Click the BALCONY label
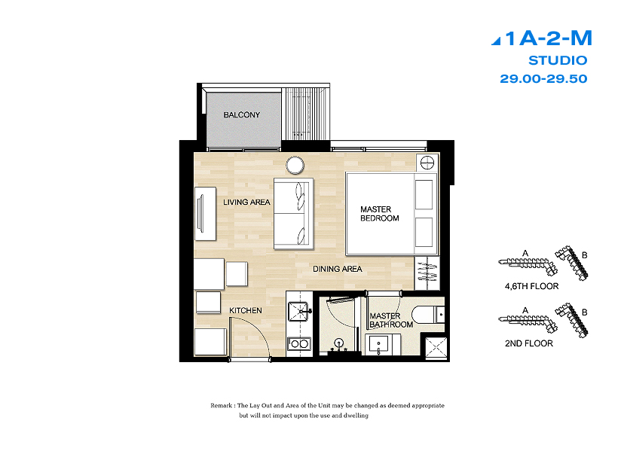242,115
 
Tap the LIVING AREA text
246,202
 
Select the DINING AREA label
338,269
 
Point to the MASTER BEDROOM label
380,214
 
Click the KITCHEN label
246,310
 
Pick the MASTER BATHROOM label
391,320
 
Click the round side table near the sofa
295,165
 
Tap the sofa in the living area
293,214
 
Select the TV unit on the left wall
205,214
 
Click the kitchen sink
299,311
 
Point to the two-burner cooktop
299,343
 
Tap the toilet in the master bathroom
428,314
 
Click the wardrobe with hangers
427,273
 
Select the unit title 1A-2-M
542,38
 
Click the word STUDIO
558,60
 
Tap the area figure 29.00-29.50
543,79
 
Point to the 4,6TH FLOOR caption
531,286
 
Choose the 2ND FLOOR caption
529,343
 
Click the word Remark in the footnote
222,406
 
